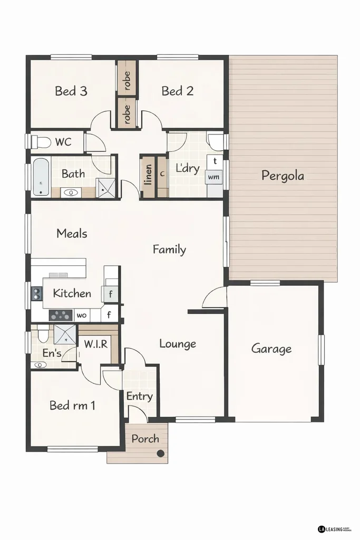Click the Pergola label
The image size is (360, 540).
coord(283,176)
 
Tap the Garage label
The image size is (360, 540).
coord(271,349)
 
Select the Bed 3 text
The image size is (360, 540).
coord(71,91)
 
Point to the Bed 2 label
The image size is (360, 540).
coord(177,91)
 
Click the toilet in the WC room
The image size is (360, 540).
coord(41,142)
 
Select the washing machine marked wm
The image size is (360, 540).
coord(213,177)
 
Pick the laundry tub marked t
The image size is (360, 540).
coord(215,160)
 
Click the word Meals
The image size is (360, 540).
coord(72,233)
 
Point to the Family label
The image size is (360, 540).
coord(169,249)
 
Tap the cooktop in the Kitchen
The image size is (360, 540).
coord(60,315)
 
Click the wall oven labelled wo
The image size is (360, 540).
coord(82,315)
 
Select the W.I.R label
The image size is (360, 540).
coord(96,344)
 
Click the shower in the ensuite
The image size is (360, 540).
coord(65,334)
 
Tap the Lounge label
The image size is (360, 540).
coord(178,344)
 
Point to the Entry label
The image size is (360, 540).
coord(140,396)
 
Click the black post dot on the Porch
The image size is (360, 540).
coord(161,453)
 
